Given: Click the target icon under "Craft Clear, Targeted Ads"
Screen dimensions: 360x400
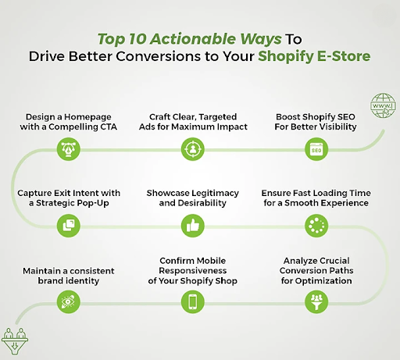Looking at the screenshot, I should click(x=191, y=145).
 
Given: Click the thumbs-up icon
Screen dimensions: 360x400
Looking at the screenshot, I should click(x=191, y=226).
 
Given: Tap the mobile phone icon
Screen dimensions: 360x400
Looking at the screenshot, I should click(x=191, y=301).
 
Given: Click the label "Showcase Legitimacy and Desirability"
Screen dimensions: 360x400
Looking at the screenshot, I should click(x=191, y=197).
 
